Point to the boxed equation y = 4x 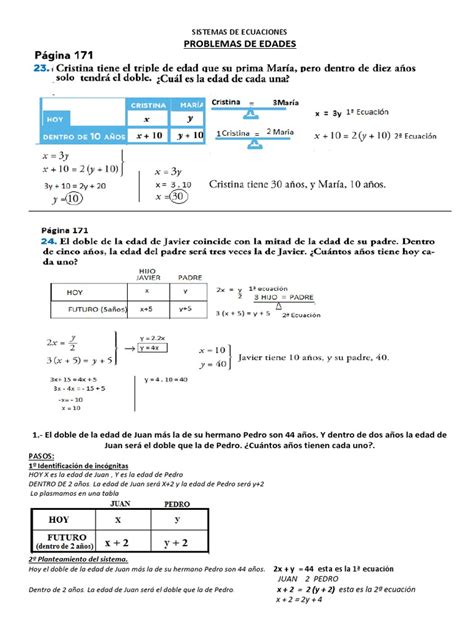pyautogui.click(x=153, y=348)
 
